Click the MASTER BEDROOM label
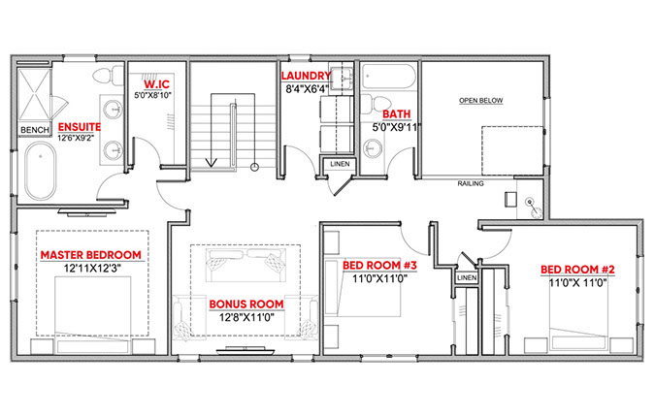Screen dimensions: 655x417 90,255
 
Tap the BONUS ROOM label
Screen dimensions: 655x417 246,304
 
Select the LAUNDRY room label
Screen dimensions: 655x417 306,76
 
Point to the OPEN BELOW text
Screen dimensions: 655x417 480,101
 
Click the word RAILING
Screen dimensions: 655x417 471,183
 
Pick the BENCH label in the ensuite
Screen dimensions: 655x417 35,130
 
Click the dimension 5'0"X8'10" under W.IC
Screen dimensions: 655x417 152,95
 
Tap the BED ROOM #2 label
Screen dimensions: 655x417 577,270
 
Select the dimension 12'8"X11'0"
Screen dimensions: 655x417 246,317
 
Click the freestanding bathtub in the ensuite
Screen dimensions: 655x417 41,171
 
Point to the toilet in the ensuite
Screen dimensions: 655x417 108,76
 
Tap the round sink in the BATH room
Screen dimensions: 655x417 373,148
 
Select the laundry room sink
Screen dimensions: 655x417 342,79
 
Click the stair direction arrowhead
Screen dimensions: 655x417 211,162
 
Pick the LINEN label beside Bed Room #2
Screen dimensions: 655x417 467,278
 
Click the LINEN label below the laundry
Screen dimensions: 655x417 340,164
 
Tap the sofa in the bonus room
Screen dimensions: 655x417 246,265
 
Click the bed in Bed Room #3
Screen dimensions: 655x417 363,287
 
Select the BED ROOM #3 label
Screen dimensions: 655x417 379,265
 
